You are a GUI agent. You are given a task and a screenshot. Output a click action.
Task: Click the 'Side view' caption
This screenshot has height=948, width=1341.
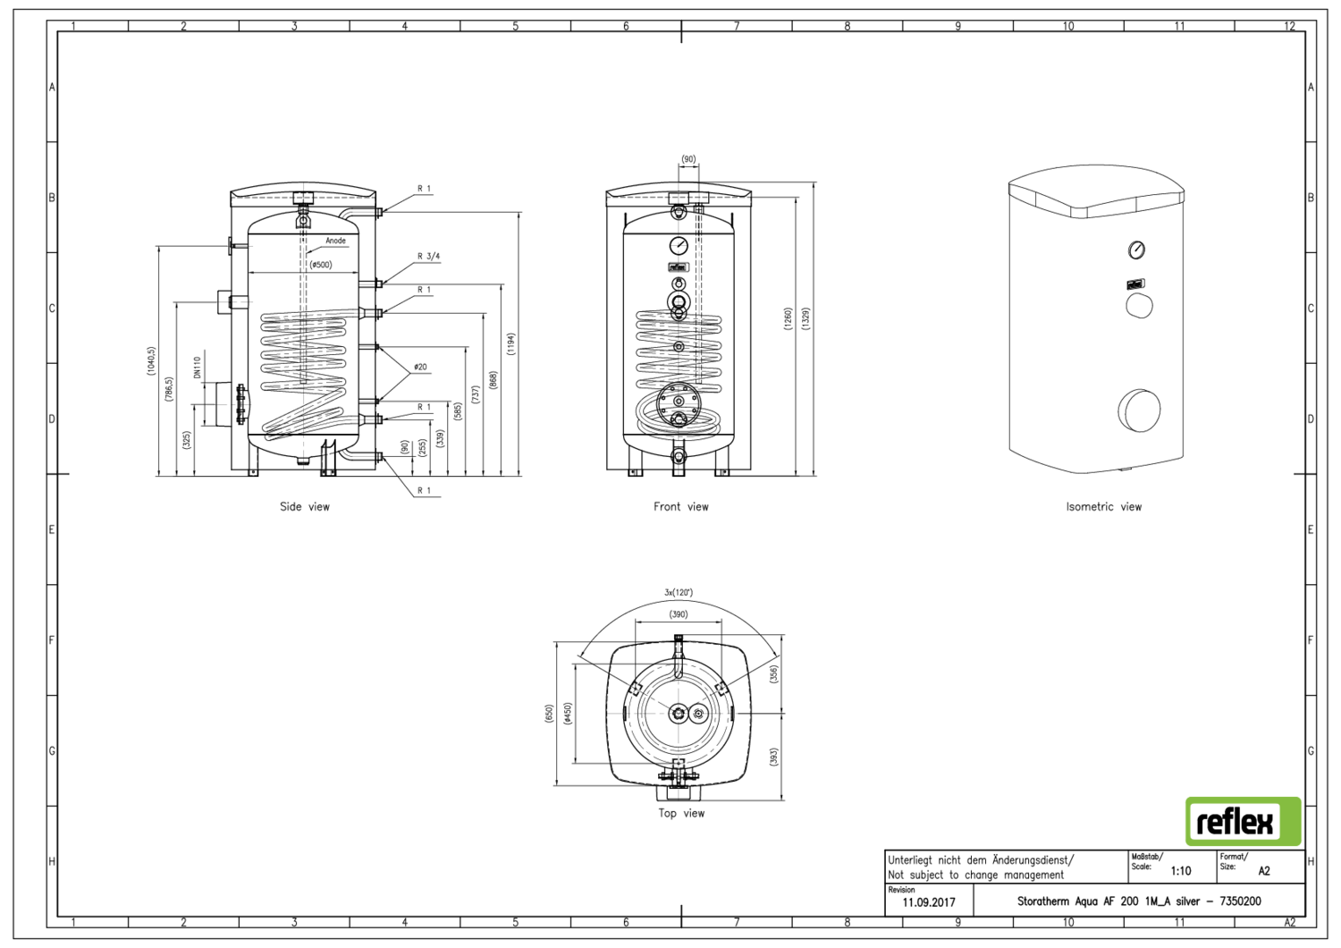[305, 506]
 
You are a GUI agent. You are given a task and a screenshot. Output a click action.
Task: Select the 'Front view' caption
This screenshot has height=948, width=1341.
[680, 506]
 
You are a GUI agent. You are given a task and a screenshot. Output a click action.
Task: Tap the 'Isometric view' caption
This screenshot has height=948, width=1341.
[1103, 506]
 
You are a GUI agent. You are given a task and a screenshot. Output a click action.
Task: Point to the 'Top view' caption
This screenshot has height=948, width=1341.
[681, 813]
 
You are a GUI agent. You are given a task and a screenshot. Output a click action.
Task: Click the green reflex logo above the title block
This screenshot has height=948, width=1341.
[1243, 821]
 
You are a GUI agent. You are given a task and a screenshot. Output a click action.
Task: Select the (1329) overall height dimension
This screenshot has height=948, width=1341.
[805, 318]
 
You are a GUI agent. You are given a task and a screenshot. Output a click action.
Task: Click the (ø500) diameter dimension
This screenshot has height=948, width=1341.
[321, 264]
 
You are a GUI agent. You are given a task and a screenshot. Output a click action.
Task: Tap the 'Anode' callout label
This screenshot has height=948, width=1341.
[335, 241]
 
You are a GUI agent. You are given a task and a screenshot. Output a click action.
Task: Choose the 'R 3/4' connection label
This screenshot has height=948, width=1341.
[428, 257]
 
